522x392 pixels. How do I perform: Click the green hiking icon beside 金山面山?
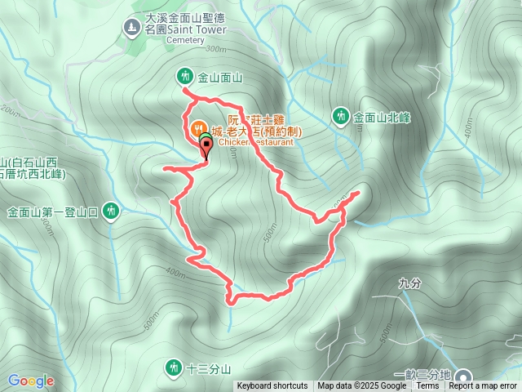[184, 77]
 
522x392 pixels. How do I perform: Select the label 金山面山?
[220, 78]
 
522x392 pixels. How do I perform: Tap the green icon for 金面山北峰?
[340, 117]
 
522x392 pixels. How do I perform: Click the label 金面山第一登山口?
[52, 213]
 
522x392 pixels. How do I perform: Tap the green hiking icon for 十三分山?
[173, 367]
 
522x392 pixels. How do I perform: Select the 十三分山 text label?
[210, 368]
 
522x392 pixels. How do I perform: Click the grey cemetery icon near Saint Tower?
[130, 28]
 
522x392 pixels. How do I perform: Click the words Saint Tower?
[198, 29]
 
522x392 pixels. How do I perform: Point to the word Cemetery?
[185, 39]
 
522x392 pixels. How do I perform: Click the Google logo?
[30, 381]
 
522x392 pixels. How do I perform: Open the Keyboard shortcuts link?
[272, 386]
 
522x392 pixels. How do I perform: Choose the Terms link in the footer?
[427, 386]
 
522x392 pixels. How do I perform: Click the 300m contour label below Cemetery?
[215, 49]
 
